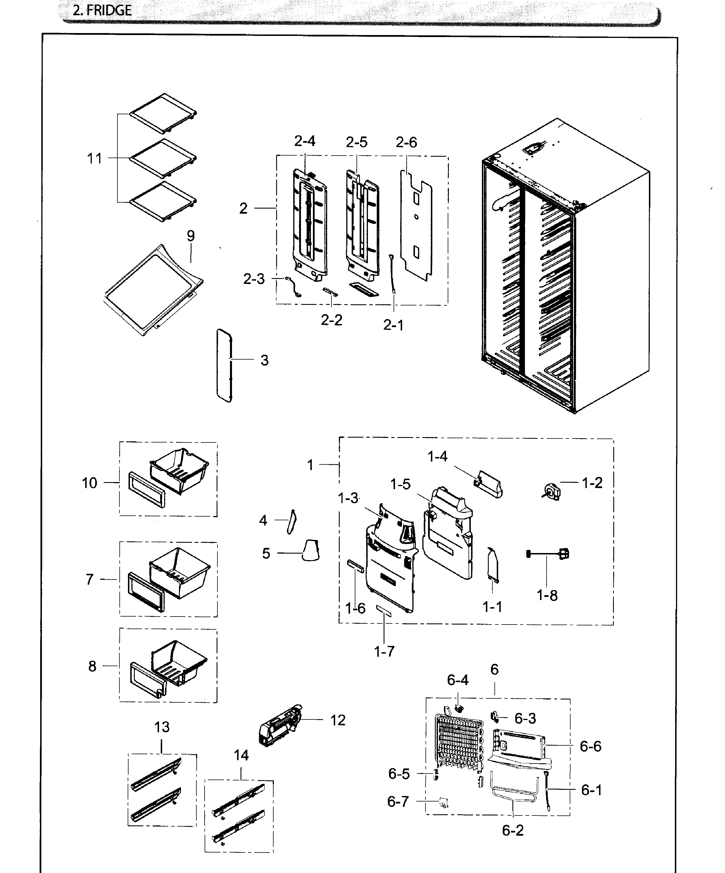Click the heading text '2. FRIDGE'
coord(102,10)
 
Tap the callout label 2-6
coord(406,142)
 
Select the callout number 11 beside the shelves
coord(94,158)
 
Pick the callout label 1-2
coord(592,483)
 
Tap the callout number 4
coord(263,520)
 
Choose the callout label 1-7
coord(384,651)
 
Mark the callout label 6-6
coord(590,746)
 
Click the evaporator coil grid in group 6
coord(457,744)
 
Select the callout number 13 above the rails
coord(162,727)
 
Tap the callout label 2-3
coord(254,279)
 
